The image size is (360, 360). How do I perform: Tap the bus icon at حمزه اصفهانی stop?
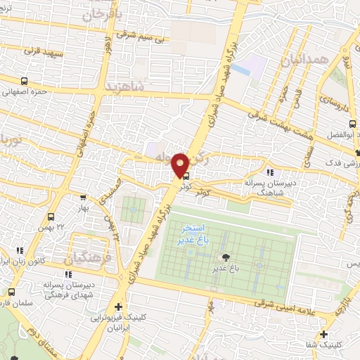pos(25,80)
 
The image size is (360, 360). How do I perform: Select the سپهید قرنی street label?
pos(44,52)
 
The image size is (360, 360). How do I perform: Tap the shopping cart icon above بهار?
pos(83,198)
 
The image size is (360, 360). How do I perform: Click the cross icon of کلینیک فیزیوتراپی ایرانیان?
pos(118,307)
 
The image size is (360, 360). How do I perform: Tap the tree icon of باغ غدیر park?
pos(225,257)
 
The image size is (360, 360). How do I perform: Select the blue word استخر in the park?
pos(192,229)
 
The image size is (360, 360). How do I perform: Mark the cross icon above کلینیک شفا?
pos(323,333)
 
